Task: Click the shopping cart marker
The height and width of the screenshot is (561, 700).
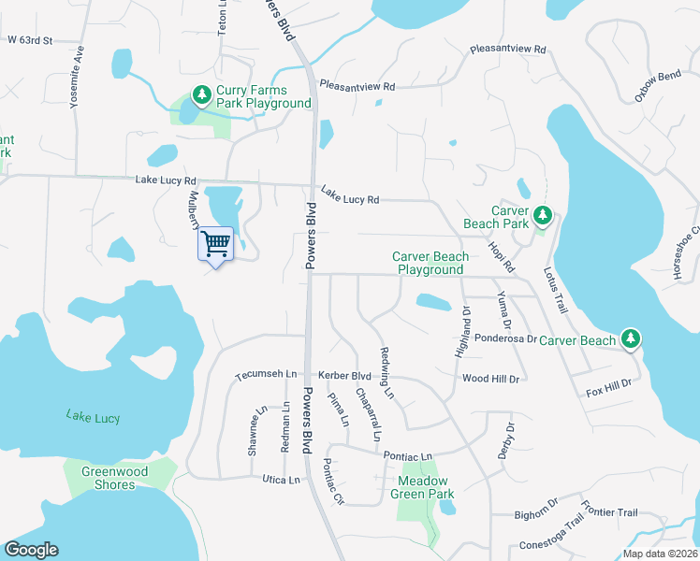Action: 216,244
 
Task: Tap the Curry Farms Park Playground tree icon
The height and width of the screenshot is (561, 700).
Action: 201,95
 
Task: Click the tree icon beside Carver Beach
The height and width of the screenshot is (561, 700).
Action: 632,339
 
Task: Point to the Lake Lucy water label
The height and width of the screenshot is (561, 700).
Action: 94,417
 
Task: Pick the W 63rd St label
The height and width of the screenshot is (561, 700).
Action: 30,40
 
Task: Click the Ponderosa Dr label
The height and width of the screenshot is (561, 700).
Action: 505,339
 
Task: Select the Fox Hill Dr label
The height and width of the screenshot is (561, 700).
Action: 609,384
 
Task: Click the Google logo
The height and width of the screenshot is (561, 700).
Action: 31,550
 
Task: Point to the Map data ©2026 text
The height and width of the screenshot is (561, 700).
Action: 660,554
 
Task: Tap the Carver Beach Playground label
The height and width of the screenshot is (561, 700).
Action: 430,263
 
